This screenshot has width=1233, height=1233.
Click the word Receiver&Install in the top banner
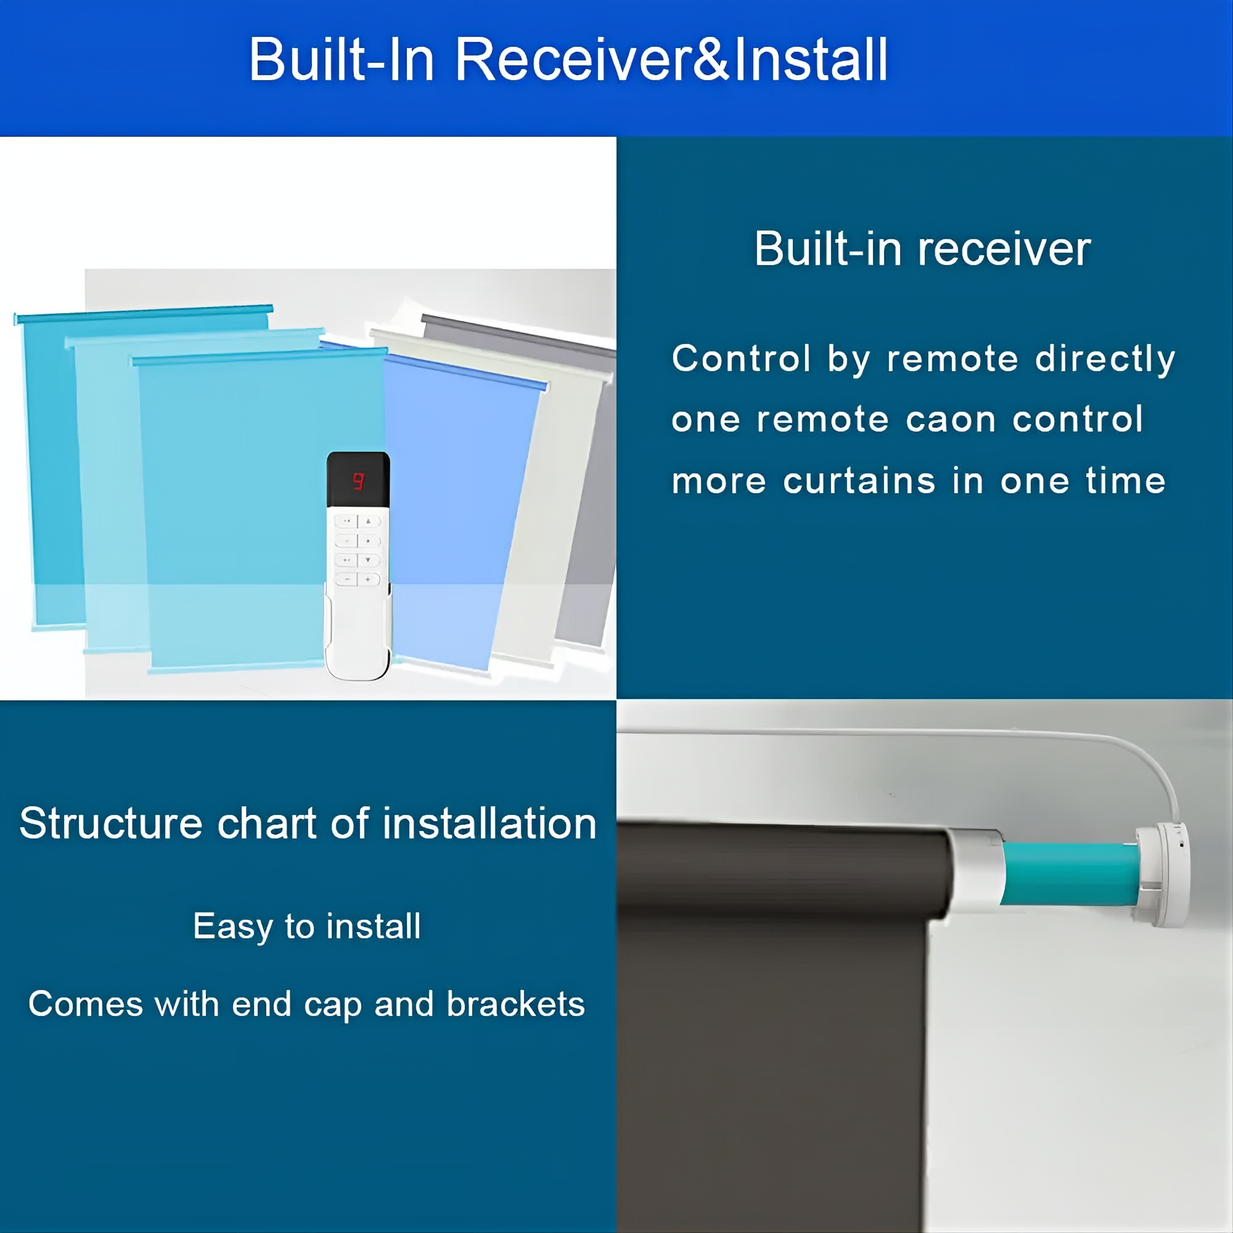671,59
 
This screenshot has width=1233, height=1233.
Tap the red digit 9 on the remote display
358,481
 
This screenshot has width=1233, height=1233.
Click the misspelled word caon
951,420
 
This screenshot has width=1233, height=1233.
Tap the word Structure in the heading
111,823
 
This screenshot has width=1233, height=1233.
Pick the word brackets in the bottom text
515,1004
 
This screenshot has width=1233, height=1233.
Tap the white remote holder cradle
358,638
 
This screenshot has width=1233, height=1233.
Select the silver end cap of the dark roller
975,873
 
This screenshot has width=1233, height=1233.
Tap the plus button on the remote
368,580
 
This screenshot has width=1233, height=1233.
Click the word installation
490,823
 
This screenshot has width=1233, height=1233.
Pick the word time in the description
1126,481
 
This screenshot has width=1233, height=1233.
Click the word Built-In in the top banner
342,59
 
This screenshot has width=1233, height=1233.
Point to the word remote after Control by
952,359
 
